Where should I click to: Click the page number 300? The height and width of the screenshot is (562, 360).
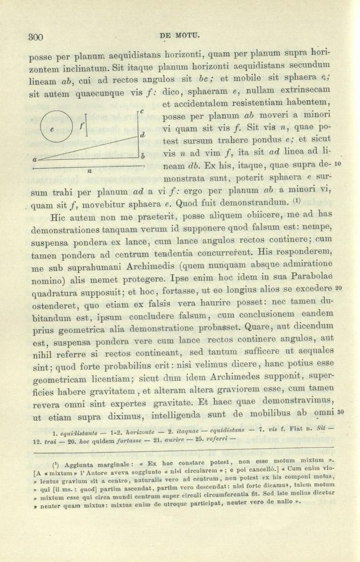coord(36,37)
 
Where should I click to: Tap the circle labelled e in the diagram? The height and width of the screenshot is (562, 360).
coord(57,126)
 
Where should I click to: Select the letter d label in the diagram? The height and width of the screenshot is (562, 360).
coord(142,135)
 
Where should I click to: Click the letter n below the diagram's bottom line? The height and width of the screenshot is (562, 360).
coord(89,171)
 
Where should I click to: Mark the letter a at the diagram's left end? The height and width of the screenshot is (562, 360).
coord(35,159)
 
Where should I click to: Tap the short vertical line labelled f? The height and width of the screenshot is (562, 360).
coord(86,126)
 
